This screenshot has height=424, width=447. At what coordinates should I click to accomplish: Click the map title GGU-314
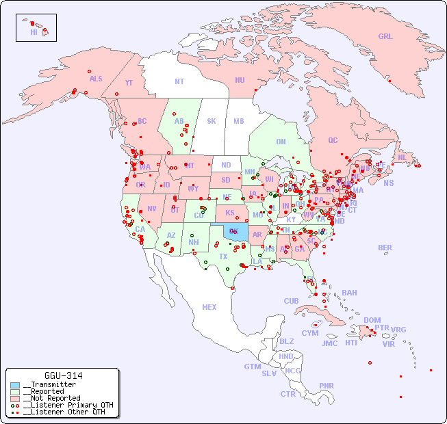click(x=63, y=375)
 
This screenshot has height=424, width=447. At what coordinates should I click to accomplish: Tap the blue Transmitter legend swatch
click(x=15, y=385)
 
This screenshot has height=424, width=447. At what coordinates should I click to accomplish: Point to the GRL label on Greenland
click(x=385, y=37)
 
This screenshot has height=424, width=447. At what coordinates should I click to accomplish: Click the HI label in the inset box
click(x=34, y=32)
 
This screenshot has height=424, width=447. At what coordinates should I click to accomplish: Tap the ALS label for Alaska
click(x=96, y=79)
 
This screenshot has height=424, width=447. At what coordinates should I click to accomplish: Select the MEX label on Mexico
click(x=209, y=307)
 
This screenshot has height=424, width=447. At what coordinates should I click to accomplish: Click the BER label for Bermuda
click(x=385, y=248)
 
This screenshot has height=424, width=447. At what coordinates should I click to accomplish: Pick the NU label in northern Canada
click(x=240, y=80)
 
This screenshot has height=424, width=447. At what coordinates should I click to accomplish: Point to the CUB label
click(x=291, y=301)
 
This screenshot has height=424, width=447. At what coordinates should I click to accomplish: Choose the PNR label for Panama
click(x=327, y=386)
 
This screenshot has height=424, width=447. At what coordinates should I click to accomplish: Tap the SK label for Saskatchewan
click(x=212, y=121)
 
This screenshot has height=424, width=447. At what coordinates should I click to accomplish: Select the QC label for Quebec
click(x=333, y=140)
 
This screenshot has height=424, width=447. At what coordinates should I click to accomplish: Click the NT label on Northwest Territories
click(x=179, y=81)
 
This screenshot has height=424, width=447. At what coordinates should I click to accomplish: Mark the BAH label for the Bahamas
click(x=349, y=293)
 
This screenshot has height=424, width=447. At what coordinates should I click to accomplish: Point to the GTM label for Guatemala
click(x=252, y=367)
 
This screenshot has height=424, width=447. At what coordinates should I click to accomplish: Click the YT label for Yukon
click(x=129, y=83)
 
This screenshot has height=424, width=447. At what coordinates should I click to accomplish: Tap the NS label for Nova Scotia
click(x=388, y=183)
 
